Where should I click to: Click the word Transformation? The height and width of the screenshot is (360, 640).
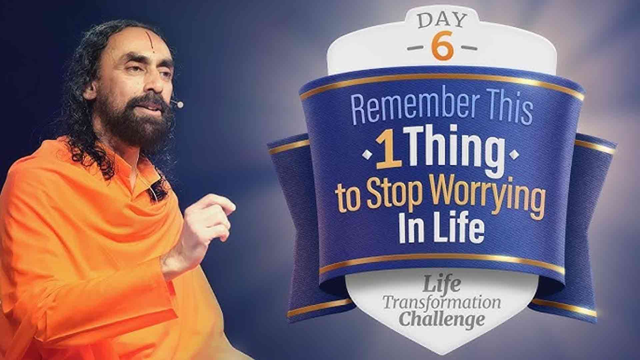click(442, 303)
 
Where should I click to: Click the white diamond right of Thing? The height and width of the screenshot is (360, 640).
click(514, 154)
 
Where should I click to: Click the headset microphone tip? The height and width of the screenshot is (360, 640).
click(180, 105)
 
